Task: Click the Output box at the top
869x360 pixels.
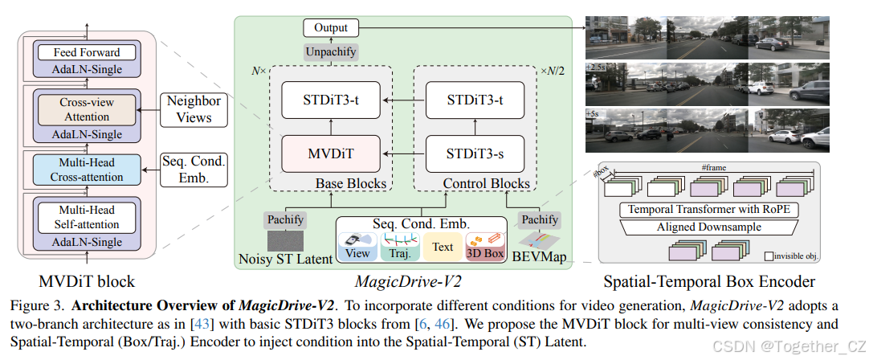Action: point(331,28)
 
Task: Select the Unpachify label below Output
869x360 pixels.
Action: point(330,51)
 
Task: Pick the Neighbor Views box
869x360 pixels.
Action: point(193,109)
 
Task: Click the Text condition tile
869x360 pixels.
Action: point(443,247)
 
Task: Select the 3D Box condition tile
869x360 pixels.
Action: point(485,247)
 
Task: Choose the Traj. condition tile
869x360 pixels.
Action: point(400,247)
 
